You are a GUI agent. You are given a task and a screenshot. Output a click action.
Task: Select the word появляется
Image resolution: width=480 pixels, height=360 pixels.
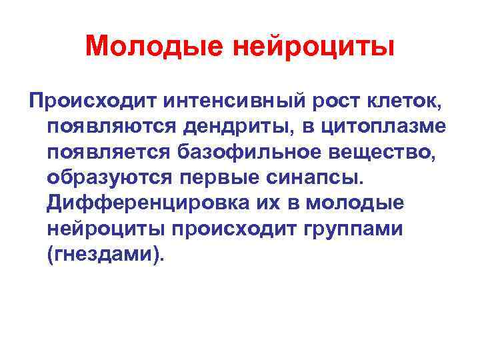coord(109,153)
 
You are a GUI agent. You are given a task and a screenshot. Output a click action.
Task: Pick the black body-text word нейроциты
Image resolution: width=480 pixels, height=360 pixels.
coord(107,229)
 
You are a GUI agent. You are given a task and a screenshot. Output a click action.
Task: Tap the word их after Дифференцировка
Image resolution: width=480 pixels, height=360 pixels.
coord(249,204)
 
